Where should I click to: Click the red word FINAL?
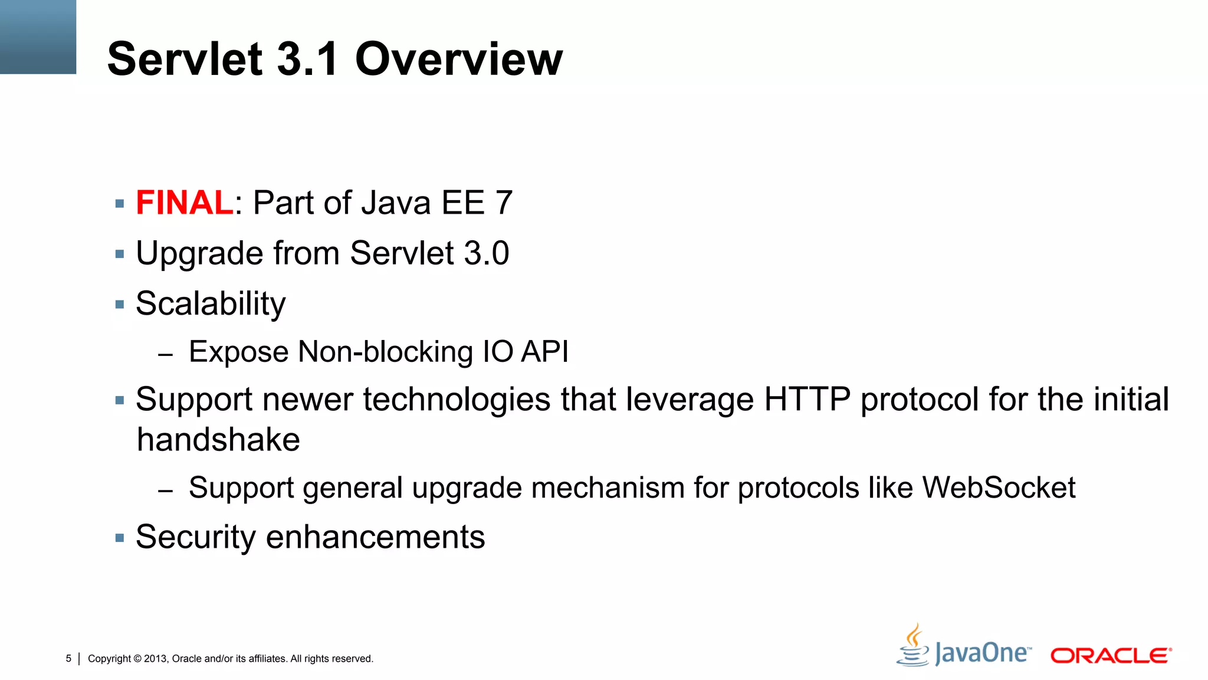pos(185,203)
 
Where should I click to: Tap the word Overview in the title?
pos(459,59)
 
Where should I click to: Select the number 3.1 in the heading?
pos(307,59)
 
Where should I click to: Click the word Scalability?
pos(211,305)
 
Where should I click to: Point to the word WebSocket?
pos(999,488)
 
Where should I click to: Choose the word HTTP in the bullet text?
pos(807,400)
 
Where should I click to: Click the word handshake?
pos(218,440)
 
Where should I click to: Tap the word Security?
pos(196,538)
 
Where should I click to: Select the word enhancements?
pos(376,538)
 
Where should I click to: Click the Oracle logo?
pos(1111,656)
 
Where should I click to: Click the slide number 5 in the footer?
pos(68,658)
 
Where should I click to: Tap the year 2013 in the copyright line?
pos(155,659)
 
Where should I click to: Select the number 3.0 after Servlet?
pos(487,253)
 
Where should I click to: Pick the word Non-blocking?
pos(385,352)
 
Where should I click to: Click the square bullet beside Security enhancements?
pos(120,538)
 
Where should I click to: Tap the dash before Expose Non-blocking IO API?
pos(166,355)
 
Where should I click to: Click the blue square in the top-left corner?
pos(38,37)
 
